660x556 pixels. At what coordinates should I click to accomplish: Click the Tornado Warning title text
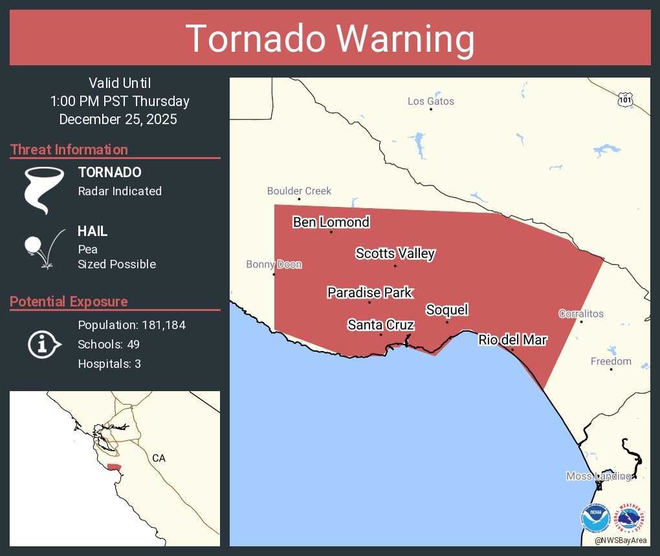(x=330, y=39)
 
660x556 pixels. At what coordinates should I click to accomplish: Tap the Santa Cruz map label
(x=380, y=325)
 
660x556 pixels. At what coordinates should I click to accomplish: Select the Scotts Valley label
(x=395, y=253)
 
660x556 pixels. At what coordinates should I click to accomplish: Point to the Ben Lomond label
(x=331, y=222)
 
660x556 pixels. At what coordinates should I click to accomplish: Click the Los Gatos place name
(x=430, y=101)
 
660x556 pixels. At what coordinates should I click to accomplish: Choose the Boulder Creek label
(x=299, y=191)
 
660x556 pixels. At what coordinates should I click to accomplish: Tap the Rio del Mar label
(x=512, y=340)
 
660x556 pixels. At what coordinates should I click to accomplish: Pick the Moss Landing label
(x=598, y=476)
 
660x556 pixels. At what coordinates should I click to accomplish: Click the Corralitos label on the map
(x=581, y=314)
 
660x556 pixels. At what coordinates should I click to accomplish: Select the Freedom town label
(x=611, y=361)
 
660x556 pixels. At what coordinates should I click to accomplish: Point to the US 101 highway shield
(x=624, y=100)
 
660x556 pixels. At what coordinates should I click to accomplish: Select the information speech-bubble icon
(x=44, y=344)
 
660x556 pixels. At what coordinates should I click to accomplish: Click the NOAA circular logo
(x=595, y=519)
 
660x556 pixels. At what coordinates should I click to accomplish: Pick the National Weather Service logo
(x=631, y=519)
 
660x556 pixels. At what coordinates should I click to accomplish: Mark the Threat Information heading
(x=69, y=149)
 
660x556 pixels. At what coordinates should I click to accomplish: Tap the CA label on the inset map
(x=159, y=458)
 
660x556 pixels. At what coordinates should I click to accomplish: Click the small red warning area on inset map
(x=114, y=467)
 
